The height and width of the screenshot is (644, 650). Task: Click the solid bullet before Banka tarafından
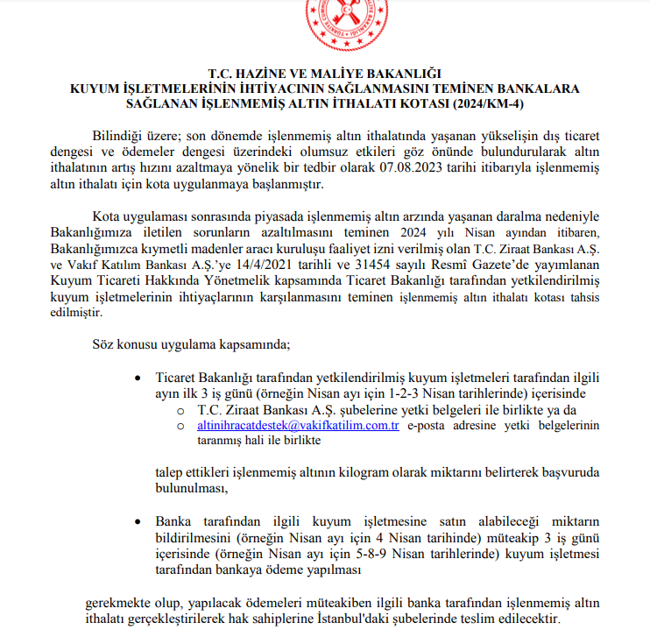[136, 521]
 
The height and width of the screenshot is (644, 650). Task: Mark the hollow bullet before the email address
[180, 426]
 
